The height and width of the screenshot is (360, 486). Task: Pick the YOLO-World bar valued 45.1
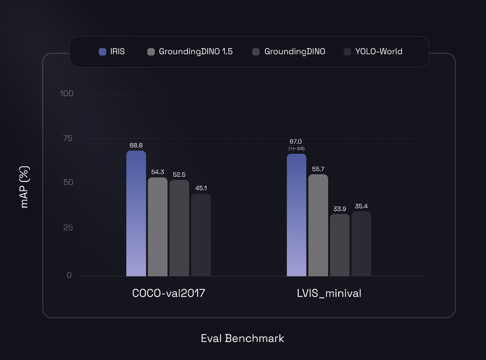pos(201,235)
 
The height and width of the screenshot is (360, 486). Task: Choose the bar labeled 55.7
pos(318,225)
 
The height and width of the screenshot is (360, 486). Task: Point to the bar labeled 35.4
pos(361,244)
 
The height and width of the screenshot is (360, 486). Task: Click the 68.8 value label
pos(136,145)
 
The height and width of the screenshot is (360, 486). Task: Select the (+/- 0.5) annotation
pos(297,148)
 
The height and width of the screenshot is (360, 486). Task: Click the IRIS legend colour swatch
pos(102,52)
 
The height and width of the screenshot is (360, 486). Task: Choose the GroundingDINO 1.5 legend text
pos(196,52)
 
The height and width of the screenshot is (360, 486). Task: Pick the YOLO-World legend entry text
pos(379,52)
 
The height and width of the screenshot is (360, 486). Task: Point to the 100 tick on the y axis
pos(66,94)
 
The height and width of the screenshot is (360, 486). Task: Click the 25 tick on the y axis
pos(68,227)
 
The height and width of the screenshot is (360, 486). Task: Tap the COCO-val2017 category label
pos(169,293)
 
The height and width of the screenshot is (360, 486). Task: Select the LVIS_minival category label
pos(329,293)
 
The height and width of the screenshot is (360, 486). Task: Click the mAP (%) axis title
pos(25,187)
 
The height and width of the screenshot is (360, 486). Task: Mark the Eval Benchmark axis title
pos(243,338)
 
